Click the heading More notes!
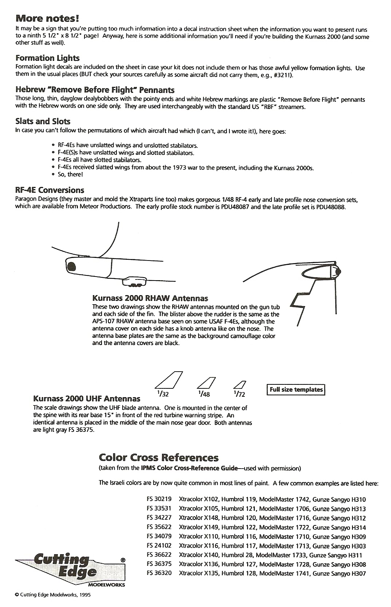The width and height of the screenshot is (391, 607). point(47,19)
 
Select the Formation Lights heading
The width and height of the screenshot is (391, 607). point(47,58)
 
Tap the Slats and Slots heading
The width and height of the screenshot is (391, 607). point(43,121)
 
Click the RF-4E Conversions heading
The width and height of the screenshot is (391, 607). point(50,190)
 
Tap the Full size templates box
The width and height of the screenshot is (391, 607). point(296,389)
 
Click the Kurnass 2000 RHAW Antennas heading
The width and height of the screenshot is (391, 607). point(150,298)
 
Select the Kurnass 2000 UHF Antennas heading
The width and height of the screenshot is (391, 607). point(87,399)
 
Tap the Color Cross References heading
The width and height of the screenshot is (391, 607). point(159,457)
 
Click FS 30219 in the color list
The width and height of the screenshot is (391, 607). point(159,499)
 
